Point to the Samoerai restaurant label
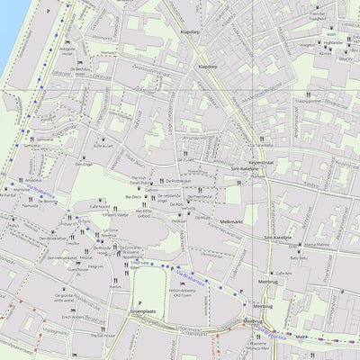click(45, 140)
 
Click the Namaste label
click(29, 206)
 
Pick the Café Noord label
click(99, 206)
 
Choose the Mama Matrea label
click(316, 244)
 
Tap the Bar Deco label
click(133, 195)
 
